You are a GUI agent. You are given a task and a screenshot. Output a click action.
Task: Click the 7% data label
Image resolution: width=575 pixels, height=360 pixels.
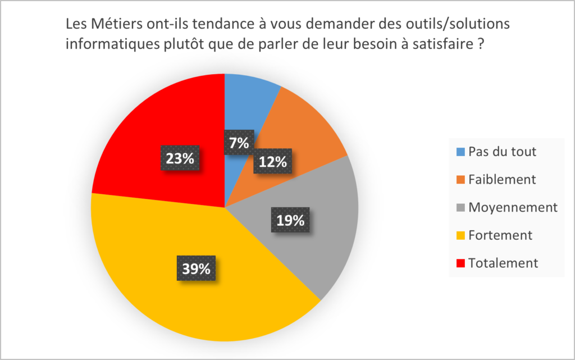tap(239, 143)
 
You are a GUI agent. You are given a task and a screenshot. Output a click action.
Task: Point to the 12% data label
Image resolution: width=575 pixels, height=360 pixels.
tap(273, 162)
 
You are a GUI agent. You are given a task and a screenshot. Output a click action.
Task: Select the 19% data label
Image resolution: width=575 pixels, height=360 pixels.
tap(290, 220)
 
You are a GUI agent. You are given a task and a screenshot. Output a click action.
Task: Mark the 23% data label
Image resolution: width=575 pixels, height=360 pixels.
tap(180, 158)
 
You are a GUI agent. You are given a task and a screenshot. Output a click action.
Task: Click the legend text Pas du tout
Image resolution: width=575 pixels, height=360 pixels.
tap(502, 152)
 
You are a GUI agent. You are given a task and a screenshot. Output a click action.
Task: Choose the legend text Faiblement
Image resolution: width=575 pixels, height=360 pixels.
tap(502, 179)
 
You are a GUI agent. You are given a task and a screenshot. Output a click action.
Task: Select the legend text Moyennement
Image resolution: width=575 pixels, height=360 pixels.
tap(513, 207)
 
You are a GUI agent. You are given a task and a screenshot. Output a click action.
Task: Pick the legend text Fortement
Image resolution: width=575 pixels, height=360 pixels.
tap(500, 235)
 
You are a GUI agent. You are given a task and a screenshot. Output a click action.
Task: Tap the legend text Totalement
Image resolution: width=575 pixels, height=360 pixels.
tap(503, 262)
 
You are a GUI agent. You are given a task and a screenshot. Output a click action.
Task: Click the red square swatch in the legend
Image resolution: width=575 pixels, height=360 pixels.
tap(460, 263)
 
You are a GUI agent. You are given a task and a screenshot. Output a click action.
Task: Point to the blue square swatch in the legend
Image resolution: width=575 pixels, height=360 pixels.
tap(460, 152)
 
